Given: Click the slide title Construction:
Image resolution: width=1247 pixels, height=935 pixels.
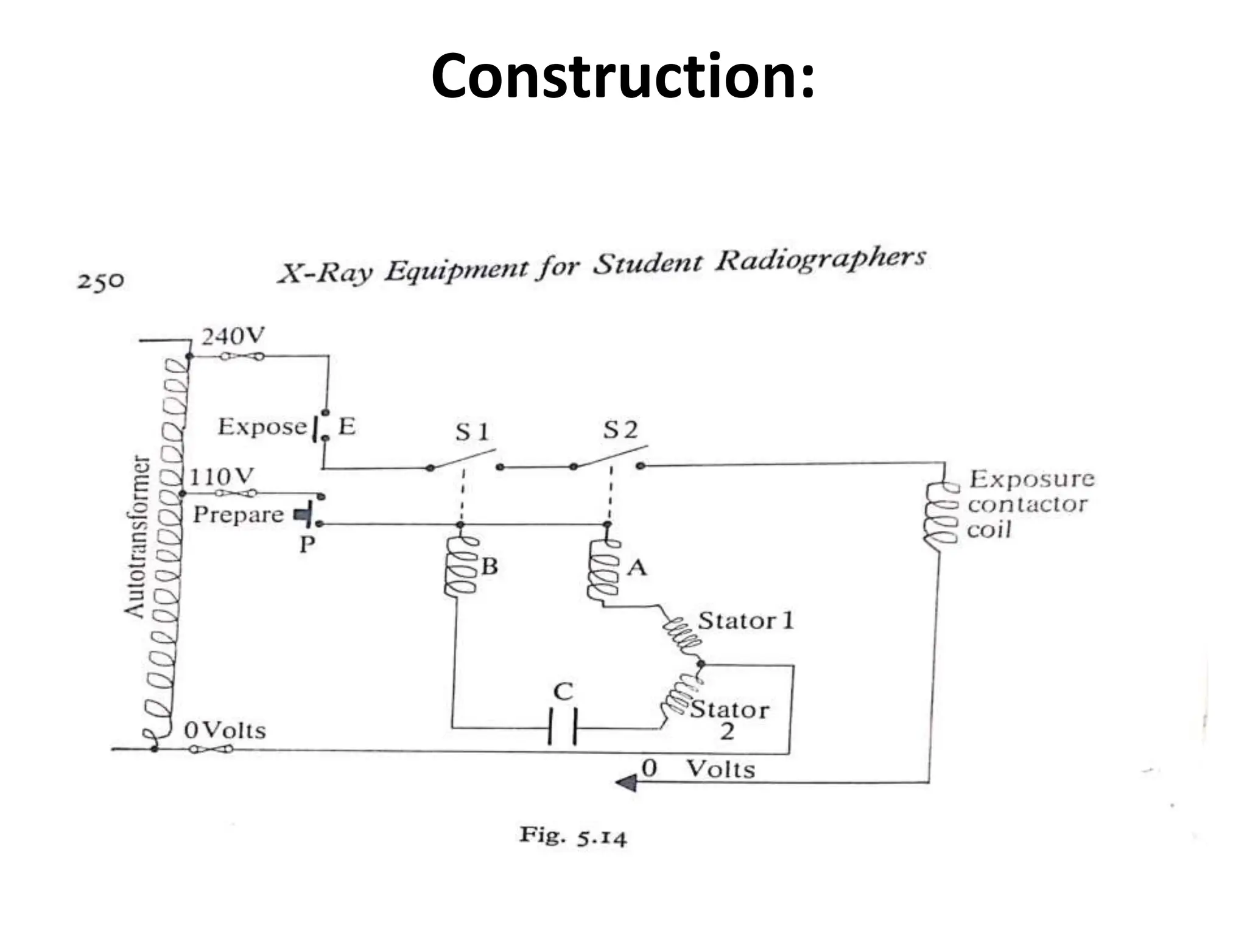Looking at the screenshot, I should coord(622,77).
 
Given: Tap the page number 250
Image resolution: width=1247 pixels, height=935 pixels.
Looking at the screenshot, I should coord(100,281).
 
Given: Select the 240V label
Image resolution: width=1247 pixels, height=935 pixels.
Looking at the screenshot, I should coord(233,336).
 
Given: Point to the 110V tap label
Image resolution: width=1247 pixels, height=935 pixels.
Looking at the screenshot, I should coord(221,477).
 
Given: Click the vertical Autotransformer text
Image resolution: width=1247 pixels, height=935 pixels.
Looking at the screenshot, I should coord(136,536).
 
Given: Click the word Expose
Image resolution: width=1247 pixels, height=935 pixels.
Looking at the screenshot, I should coord(262,427).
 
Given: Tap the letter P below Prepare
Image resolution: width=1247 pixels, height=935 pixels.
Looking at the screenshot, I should coord(307,544).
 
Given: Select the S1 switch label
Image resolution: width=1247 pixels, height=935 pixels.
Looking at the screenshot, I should coord(472,432).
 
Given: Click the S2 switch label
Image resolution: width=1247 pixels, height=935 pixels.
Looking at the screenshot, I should coord(620,430).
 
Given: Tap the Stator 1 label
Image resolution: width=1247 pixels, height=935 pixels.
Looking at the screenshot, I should coord(746,621).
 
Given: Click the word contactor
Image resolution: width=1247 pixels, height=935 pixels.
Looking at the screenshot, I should coord(1027,505).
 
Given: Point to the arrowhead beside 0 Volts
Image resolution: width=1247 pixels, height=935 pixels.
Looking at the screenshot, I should coord(627,782).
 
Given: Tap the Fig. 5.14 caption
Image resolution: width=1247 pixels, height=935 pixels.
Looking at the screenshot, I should coord(572,836).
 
